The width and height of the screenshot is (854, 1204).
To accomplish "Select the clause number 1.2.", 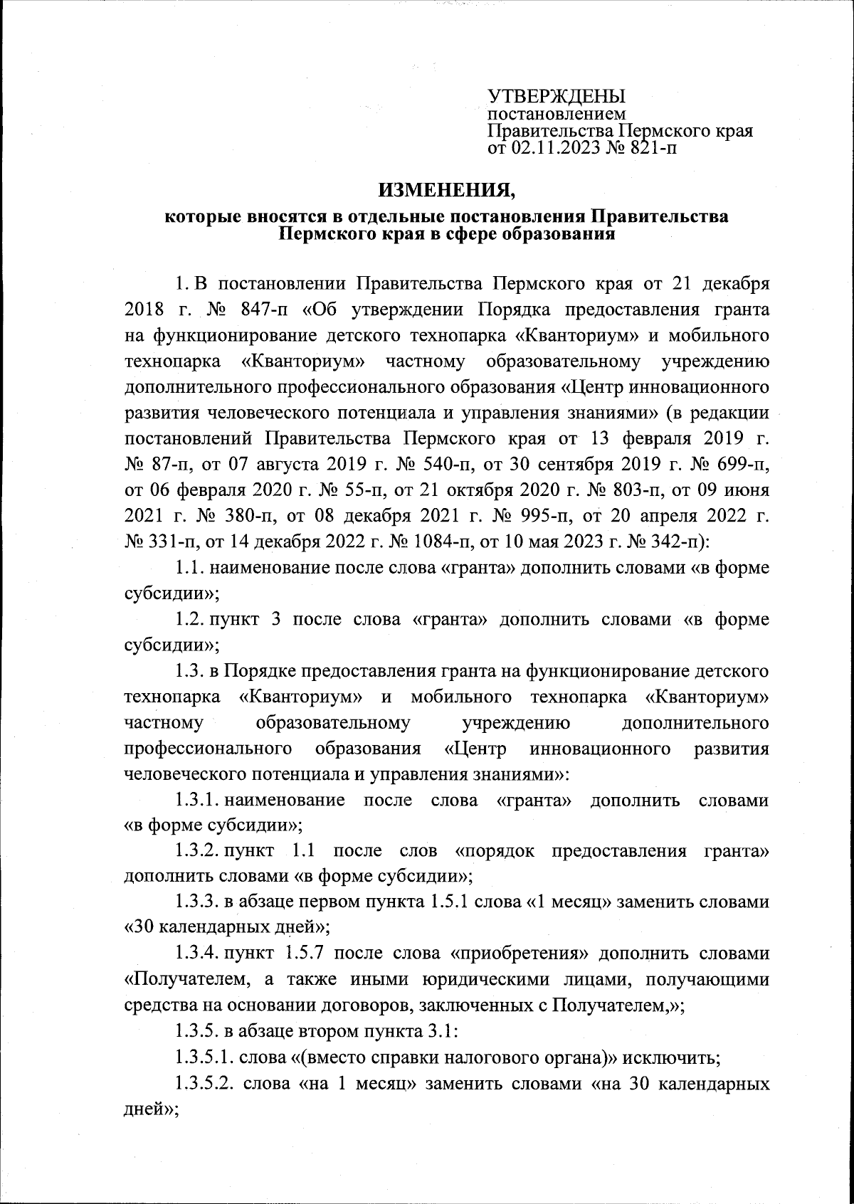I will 189,619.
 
